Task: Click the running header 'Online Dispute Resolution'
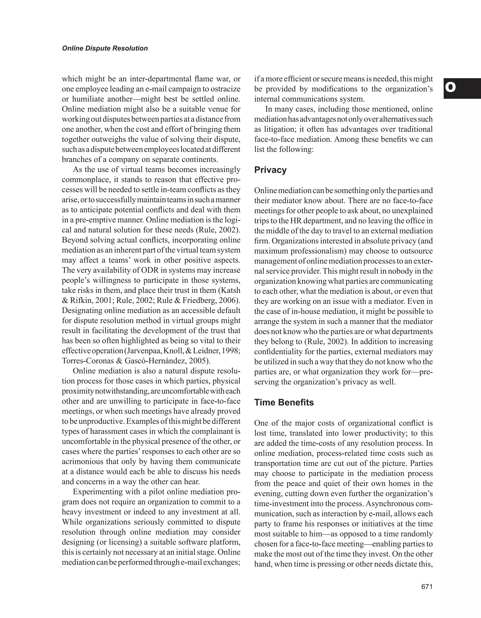click(x=105, y=48)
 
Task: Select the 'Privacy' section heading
click(x=270, y=170)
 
